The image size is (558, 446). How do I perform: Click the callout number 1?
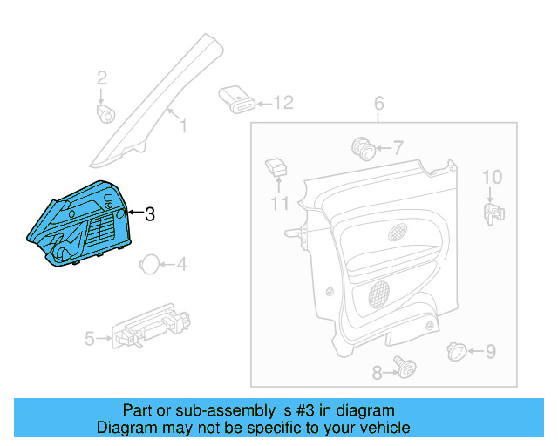[x=183, y=126]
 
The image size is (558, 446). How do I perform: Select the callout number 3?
[x=149, y=213]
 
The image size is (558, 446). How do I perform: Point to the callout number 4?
[x=181, y=264]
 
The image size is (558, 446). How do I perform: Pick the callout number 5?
[x=89, y=338]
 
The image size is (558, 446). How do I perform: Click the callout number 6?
[x=379, y=105]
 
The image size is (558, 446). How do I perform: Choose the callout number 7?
[x=398, y=147]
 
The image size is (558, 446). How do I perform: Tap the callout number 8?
[x=377, y=373]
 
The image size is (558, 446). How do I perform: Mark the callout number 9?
[x=490, y=352]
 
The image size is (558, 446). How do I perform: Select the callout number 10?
[x=493, y=178]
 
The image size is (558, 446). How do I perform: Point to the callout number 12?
[x=284, y=103]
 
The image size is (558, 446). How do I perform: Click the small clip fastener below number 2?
[x=106, y=113]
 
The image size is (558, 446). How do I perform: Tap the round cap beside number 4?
[x=150, y=265]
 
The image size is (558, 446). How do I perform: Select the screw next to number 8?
[x=403, y=368]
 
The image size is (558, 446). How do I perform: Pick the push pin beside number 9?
[x=455, y=351]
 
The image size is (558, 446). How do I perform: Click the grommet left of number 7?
[x=362, y=147]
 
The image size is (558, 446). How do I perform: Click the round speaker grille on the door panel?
[x=381, y=292]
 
